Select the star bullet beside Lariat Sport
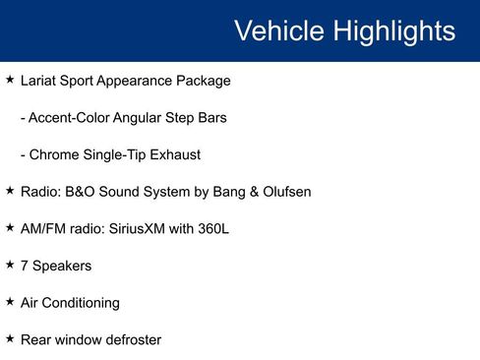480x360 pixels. coord(10,79)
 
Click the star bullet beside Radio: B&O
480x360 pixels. coord(10,190)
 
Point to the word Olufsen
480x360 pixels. coord(283,192)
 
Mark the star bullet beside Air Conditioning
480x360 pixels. coord(10,301)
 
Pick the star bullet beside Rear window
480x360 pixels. coord(10,338)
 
